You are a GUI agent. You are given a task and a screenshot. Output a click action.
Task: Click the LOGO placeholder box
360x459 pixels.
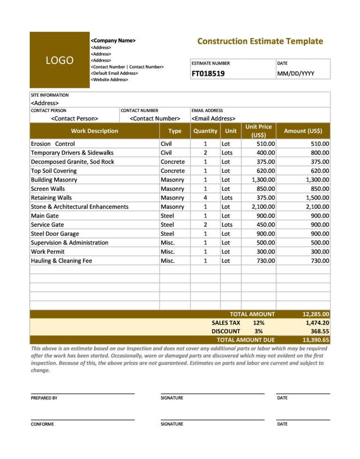(x=59, y=60)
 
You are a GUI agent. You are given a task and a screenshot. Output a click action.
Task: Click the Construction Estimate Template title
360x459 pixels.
(x=260, y=41)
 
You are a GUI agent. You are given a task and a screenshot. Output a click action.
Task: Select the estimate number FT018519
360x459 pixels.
(x=208, y=74)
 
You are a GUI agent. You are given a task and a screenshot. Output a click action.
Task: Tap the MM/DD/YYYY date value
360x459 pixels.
(x=296, y=74)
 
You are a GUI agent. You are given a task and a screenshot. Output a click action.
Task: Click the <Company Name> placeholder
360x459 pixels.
(x=113, y=41)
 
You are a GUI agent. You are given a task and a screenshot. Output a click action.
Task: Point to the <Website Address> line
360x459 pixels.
(x=109, y=80)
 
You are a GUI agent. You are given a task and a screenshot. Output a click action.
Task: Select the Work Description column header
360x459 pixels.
(x=95, y=131)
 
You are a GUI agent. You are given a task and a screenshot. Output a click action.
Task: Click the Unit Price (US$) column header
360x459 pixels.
(x=258, y=131)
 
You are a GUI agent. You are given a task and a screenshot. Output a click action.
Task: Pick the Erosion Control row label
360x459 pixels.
(x=52, y=144)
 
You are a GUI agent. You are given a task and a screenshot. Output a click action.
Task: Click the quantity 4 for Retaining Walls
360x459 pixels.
(x=205, y=198)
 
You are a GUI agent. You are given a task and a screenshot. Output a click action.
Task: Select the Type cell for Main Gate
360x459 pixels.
(x=167, y=216)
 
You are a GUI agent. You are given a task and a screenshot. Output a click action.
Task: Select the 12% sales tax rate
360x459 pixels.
(x=258, y=323)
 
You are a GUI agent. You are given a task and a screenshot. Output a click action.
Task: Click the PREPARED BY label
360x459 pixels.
(x=44, y=398)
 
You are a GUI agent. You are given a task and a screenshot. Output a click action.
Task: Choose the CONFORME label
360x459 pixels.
(x=42, y=424)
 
